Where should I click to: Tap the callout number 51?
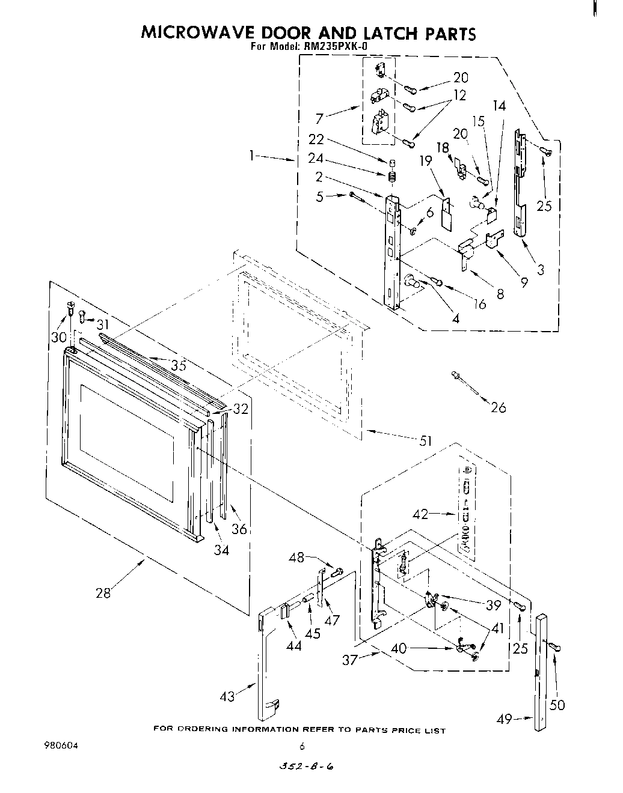(425, 441)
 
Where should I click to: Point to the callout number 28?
(103, 594)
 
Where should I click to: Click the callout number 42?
(421, 514)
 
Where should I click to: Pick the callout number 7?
(319, 119)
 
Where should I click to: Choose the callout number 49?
(505, 719)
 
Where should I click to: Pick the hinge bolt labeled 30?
(71, 309)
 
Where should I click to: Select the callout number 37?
(350, 660)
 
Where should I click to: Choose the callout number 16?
(480, 304)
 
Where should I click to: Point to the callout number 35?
(178, 365)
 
